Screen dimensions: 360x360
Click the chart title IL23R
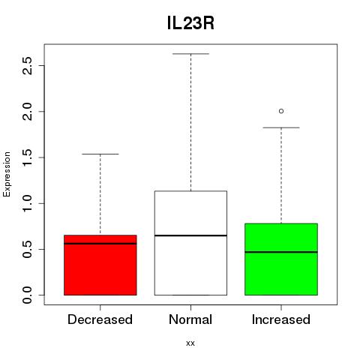pos(190,23)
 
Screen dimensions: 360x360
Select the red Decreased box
pos(100,265)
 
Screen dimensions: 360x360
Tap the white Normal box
pos(190,243)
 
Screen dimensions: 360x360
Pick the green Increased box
pos(281,259)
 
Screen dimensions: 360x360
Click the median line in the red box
pos(100,244)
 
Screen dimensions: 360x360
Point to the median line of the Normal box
pos(190,235)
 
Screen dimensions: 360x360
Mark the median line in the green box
pos(281,252)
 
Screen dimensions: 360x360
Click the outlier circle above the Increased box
pos(281,111)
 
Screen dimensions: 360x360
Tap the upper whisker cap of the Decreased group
pos(100,154)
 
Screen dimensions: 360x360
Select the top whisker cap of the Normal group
pos(190,54)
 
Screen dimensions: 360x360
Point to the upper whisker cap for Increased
pos(281,127)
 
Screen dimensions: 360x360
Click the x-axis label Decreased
pos(100,319)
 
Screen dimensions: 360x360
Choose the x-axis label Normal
pos(190,319)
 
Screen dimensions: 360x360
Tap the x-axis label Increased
pos(281,319)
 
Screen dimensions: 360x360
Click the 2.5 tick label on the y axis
pos(27,65)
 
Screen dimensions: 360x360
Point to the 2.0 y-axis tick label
pos(27,112)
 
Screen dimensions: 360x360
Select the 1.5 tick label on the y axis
pos(27,157)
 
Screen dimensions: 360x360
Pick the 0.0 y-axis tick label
pos(27,295)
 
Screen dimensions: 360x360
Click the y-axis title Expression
pos(7,174)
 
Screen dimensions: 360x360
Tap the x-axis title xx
pos(190,343)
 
